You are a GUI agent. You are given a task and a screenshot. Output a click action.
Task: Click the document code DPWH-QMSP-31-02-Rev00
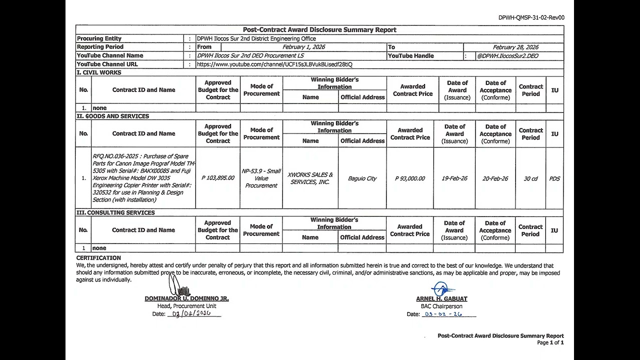[x=531, y=17]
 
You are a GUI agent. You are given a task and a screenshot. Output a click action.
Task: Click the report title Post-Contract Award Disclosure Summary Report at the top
[x=319, y=30]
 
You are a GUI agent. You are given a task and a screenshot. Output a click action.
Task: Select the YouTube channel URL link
[x=274, y=64]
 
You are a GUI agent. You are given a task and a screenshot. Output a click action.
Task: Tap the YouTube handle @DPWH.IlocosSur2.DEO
[x=507, y=56]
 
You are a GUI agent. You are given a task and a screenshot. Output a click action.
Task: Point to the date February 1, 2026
[x=304, y=47]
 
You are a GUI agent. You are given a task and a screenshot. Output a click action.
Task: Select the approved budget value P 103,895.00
[x=218, y=178]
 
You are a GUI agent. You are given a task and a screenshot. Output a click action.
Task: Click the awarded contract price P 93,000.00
[x=409, y=178]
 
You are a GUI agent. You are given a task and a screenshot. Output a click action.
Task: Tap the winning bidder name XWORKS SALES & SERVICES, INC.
[x=310, y=178]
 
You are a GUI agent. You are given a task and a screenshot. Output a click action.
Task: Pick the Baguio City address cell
[x=362, y=178]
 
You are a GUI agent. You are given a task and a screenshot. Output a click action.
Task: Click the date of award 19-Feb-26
[x=454, y=178]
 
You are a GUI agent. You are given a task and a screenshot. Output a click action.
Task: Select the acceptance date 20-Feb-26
[x=495, y=178]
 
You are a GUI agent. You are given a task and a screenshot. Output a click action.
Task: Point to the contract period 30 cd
[x=530, y=178]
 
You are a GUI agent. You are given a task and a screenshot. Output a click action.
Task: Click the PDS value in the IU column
[x=554, y=178]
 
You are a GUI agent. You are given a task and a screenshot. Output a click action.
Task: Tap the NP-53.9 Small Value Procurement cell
[x=261, y=178]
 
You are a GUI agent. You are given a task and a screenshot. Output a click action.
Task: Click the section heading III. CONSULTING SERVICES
[x=115, y=212]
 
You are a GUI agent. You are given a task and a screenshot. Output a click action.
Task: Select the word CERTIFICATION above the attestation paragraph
[x=98, y=258]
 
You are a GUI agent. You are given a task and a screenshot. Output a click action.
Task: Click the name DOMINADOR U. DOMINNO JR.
[x=186, y=298]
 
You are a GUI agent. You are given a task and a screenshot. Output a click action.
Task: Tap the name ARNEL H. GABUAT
[x=441, y=299]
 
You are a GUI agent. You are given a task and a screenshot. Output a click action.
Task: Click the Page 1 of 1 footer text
[x=550, y=343]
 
